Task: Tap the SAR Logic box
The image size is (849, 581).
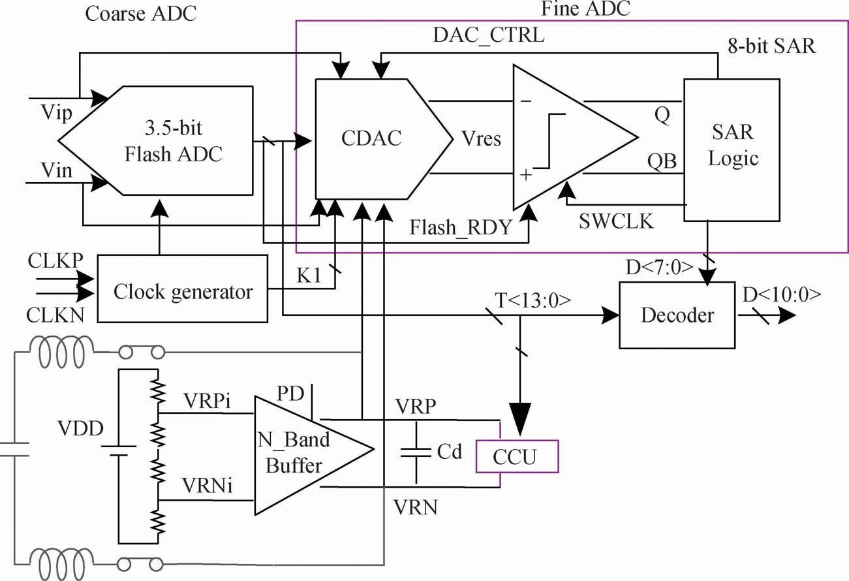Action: pyautogui.click(x=731, y=145)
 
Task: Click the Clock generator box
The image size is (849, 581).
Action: pyautogui.click(x=182, y=291)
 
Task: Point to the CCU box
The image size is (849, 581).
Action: pyautogui.click(x=517, y=456)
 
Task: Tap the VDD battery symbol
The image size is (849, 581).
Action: pyautogui.click(x=119, y=451)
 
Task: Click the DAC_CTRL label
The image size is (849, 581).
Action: pyautogui.click(x=489, y=35)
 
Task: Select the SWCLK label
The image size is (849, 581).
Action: pyautogui.click(x=616, y=221)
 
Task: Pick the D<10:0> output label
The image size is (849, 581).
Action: pyautogui.click(x=781, y=295)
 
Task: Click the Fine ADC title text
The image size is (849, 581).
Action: pyautogui.click(x=586, y=9)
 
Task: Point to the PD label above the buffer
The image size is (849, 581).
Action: pyautogui.click(x=290, y=394)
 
